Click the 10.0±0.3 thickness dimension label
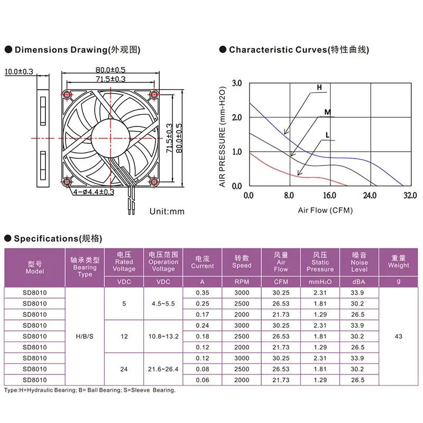tap(19, 71)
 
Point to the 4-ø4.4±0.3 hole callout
tap(94, 192)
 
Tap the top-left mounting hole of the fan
tap(67, 95)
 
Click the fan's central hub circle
tap(111, 139)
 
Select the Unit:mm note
tap(167, 211)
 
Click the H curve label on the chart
tap(319, 87)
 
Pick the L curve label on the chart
tap(327, 135)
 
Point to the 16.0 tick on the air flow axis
tap(329, 195)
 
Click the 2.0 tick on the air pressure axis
tap(237, 117)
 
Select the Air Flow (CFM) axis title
tap(325, 210)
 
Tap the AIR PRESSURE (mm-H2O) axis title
tap(222, 137)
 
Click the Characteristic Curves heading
tap(299, 50)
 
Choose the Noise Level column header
tap(359, 262)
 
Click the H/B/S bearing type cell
tap(85, 336)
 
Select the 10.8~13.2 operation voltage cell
tap(163, 336)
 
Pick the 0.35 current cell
tap(203, 293)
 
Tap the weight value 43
tap(399, 336)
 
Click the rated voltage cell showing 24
tap(124, 369)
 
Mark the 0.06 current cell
tap(203, 380)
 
